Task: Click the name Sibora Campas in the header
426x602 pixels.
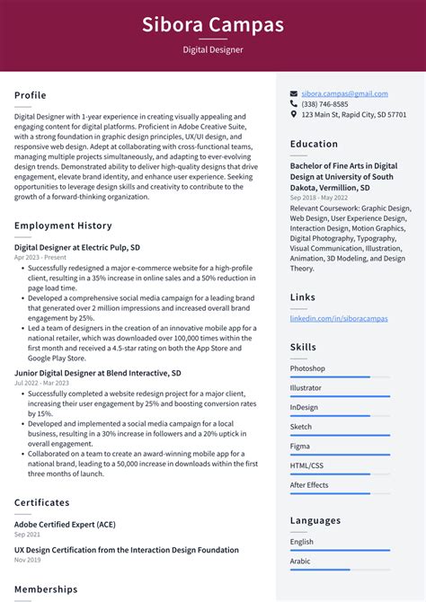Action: pos(212,24)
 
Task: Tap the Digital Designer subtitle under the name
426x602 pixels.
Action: pos(212,50)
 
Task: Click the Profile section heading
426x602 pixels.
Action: pos(31,95)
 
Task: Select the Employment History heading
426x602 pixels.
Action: pos(63,226)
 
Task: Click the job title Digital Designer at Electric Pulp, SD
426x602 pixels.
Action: pos(77,247)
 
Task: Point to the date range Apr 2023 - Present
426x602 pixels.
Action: pos(40,257)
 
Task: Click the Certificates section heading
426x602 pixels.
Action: pos(41,502)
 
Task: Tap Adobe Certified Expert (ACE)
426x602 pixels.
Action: pos(65,524)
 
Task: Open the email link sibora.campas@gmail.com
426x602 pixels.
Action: pos(344,93)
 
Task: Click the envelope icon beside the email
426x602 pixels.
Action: pos(294,93)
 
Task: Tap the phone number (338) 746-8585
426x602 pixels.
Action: pos(324,104)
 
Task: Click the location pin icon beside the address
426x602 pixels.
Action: pos(294,115)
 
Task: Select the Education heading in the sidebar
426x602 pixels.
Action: pos(314,144)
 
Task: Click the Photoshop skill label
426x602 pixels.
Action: pos(307,368)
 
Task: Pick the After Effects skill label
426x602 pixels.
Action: pos(309,485)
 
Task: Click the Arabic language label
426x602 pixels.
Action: pos(301,561)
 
